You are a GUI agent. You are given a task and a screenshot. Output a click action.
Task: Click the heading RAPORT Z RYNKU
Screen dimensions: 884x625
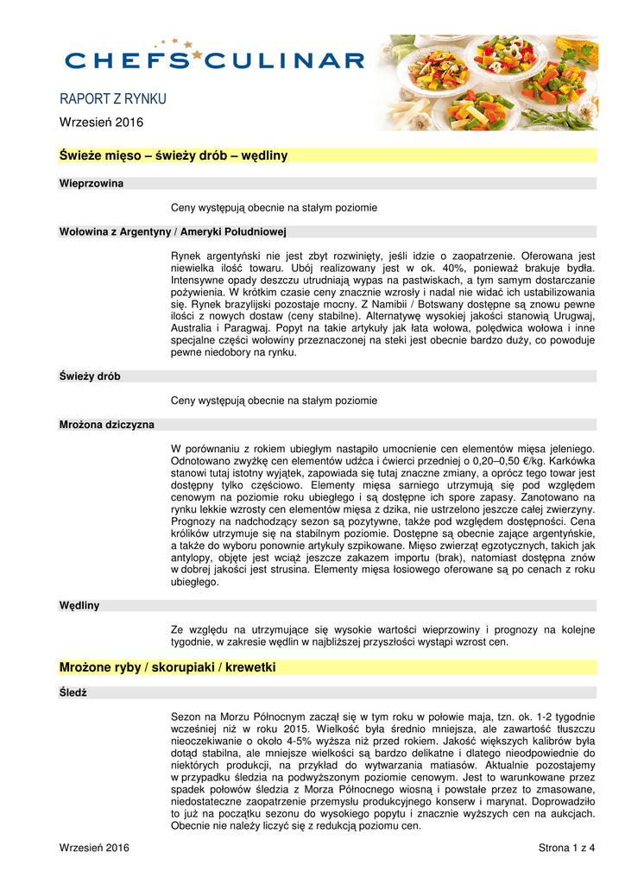(112, 99)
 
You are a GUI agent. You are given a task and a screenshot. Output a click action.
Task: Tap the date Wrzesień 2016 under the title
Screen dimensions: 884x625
(101, 123)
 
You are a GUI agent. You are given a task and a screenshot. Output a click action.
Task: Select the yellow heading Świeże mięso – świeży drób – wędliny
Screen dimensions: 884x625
(173, 155)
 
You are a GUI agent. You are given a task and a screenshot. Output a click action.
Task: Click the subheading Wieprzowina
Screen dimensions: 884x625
(91, 184)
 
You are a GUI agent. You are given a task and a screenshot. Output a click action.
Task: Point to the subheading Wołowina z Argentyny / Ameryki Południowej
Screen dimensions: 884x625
(173, 231)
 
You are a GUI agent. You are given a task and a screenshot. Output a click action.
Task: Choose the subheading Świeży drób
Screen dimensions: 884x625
(90, 376)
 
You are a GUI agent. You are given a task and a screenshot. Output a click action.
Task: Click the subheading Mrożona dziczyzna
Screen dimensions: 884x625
(107, 425)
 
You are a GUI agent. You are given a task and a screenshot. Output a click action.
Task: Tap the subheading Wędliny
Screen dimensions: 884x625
(79, 605)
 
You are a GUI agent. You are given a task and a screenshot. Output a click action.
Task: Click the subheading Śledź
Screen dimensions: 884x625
(73, 692)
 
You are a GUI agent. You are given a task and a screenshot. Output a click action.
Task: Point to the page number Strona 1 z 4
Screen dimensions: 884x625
(561, 848)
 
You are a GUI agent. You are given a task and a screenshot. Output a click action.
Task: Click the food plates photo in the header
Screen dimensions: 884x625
(489, 82)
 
